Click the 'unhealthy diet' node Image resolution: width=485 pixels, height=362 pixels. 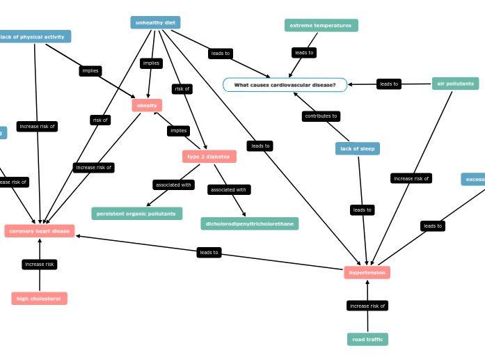click(155, 22)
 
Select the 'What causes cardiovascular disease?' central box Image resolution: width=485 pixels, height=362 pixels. click(285, 85)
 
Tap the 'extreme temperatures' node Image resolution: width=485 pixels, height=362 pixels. click(321, 26)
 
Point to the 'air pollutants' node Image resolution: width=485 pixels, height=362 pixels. click(455, 84)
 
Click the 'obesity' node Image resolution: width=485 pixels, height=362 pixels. click(147, 105)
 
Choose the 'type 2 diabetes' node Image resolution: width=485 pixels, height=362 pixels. click(209, 157)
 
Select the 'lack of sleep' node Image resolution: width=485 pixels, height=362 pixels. click(357, 148)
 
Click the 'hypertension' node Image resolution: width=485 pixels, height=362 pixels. click(367, 272)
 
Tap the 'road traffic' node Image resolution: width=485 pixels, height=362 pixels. click(367, 339)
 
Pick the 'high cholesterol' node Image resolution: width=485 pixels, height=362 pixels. click(39, 299)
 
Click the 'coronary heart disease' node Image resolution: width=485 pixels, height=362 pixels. click(40, 231)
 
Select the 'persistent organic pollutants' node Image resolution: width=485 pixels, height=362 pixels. click(136, 214)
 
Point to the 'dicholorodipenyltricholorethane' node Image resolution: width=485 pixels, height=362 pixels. click(249, 223)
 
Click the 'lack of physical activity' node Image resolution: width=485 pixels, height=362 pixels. click(33, 37)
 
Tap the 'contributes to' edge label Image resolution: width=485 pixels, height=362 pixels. click(321, 116)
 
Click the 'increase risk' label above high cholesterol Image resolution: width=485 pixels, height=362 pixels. click(40, 265)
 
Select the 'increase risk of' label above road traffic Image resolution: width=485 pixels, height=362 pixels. click(367, 306)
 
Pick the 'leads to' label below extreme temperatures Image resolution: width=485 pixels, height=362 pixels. click(304, 53)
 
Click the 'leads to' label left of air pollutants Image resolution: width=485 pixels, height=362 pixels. click(389, 84)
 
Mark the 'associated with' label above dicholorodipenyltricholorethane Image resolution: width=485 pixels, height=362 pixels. click(228, 189)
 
